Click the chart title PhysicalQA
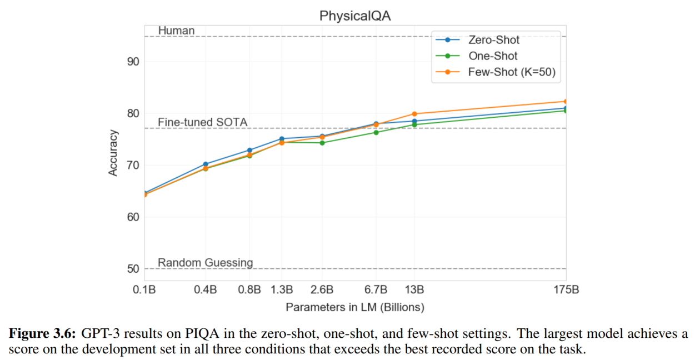(355, 16)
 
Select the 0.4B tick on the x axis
(206, 289)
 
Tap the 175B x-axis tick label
(565, 289)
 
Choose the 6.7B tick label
(376, 289)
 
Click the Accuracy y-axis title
(113, 153)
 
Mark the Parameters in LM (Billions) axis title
(355, 307)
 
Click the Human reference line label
(176, 31)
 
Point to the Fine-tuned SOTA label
(202, 122)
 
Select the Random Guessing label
(205, 263)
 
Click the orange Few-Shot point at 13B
(414, 114)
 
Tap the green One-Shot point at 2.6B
(322, 143)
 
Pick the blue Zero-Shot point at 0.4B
(206, 164)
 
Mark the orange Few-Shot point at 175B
(566, 102)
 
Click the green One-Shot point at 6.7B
(376, 132)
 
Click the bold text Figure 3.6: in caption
(43, 334)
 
